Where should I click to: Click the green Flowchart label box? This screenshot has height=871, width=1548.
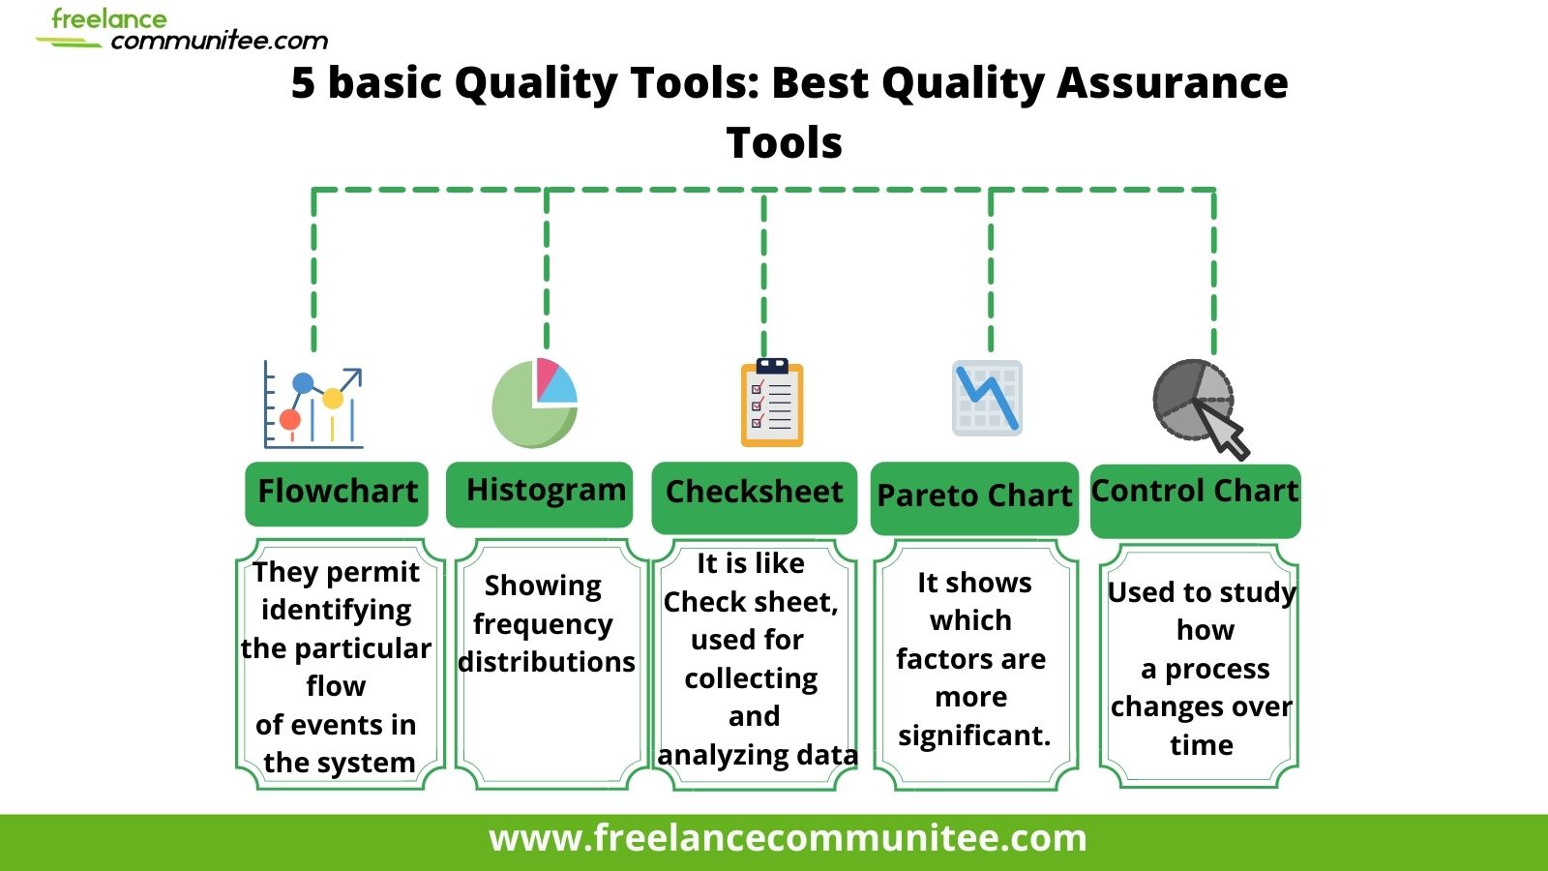[337, 493]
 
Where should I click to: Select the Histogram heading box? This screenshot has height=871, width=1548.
[540, 493]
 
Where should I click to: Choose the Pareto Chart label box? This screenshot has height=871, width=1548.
[974, 497]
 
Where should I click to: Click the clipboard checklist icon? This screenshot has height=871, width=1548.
[772, 403]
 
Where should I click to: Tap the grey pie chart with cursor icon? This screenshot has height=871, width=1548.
[1197, 403]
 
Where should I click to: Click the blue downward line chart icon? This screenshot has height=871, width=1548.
[987, 397]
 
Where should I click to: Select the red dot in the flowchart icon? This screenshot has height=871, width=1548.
[290, 420]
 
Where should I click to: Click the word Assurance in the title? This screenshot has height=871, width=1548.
[1172, 83]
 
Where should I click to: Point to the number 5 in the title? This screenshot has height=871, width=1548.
[303, 83]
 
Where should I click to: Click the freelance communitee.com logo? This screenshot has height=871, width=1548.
[184, 30]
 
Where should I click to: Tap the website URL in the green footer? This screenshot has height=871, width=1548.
[788, 838]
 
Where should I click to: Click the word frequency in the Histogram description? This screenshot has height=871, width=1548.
[543, 624]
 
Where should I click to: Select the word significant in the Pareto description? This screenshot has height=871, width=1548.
[972, 736]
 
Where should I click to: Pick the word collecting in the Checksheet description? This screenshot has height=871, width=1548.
[751, 678]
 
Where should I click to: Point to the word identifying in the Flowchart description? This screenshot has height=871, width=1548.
[336, 610]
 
